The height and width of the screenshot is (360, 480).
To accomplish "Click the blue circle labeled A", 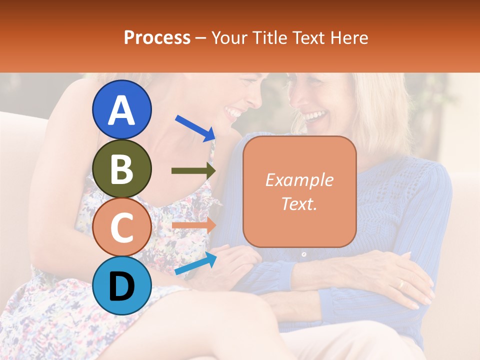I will [x=121, y=110].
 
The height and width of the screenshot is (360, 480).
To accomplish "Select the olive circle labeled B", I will [x=121, y=168].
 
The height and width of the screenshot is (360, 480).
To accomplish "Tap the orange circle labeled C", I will [x=121, y=227].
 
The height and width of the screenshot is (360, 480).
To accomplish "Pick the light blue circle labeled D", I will [x=121, y=285].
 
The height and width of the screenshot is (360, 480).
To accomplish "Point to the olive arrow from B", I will [x=193, y=171].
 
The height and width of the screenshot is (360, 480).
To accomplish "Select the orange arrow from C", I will [x=193, y=225].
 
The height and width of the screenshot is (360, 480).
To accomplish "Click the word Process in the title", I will [x=157, y=37].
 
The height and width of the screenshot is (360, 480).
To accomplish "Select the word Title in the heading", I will [x=268, y=37].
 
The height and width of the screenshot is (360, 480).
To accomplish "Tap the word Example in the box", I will [x=299, y=180].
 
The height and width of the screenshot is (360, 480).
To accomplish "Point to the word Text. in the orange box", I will [x=299, y=203].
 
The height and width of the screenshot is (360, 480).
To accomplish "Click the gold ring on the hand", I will [x=400, y=284].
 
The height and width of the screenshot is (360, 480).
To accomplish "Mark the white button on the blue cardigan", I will [x=303, y=254].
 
